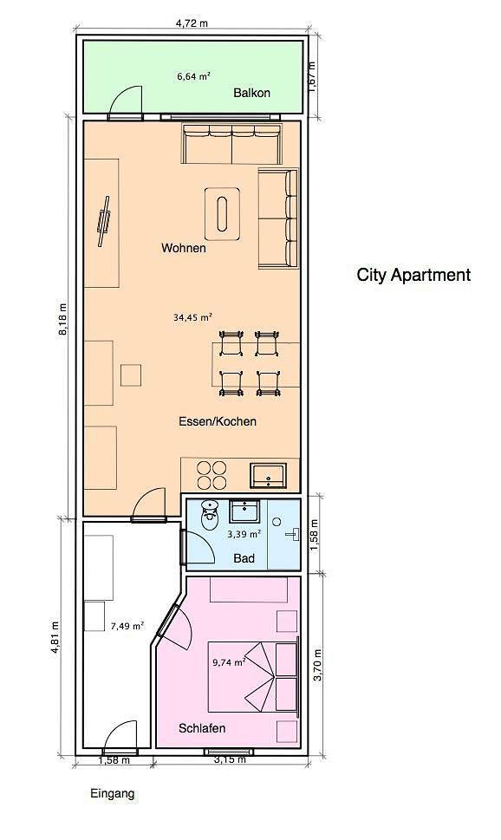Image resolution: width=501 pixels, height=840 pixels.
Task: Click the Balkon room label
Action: pos(251,93)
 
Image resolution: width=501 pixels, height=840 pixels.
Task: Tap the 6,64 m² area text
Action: pos(193,76)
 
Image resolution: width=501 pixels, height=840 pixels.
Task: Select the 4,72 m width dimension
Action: pos(192,23)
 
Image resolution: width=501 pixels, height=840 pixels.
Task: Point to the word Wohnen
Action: pos(184,248)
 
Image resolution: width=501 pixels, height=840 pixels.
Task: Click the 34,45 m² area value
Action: pos(192,317)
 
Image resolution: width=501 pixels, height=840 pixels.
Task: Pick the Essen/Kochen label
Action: pos(218,421)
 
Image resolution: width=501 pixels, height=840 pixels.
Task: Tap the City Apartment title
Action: pos(413,275)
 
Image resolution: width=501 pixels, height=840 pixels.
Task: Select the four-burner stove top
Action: pos(211,475)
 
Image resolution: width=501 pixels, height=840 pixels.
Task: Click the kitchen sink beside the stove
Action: pos(268,476)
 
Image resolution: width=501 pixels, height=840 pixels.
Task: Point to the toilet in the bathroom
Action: pos(210,515)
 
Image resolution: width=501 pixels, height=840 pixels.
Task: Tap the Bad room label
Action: pos(244,558)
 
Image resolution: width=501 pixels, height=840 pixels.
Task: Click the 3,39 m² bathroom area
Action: pos(244,534)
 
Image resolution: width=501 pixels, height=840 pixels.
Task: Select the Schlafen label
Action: pos(202,728)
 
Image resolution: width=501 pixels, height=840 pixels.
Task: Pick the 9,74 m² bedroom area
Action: pos(229,662)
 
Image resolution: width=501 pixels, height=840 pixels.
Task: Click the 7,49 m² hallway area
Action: pos(127,626)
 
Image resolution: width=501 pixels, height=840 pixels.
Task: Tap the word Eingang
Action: pos(113,794)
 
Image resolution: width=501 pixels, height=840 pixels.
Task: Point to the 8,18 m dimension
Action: pos(62,319)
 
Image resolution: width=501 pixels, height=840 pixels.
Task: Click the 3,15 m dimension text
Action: pos(230,759)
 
